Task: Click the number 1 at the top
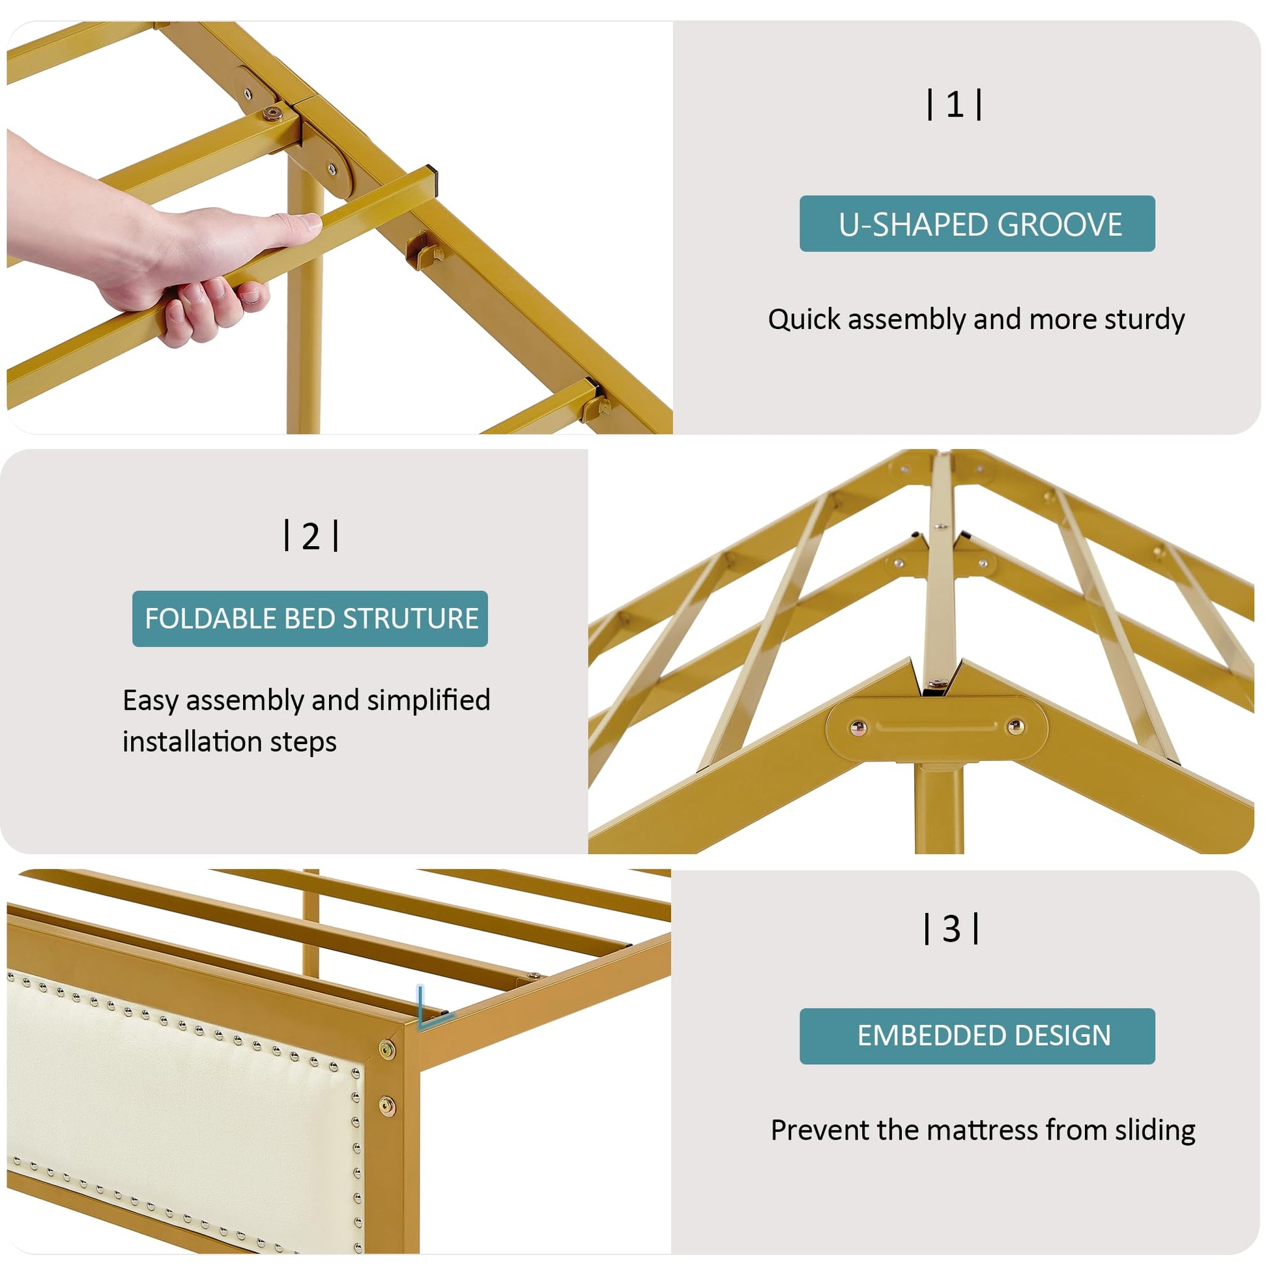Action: click(x=955, y=105)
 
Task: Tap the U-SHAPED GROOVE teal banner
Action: click(x=977, y=223)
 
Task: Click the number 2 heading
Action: click(x=311, y=536)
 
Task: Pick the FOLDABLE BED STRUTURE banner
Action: click(x=310, y=619)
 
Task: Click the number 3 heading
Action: click(x=952, y=929)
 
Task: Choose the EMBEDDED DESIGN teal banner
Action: click(x=977, y=1035)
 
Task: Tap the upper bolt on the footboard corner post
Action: click(x=387, y=1050)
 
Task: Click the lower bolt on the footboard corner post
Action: click(x=387, y=1107)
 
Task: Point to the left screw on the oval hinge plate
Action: click(x=857, y=727)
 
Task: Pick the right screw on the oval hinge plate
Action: click(x=1015, y=726)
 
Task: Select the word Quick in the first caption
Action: click(x=804, y=321)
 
